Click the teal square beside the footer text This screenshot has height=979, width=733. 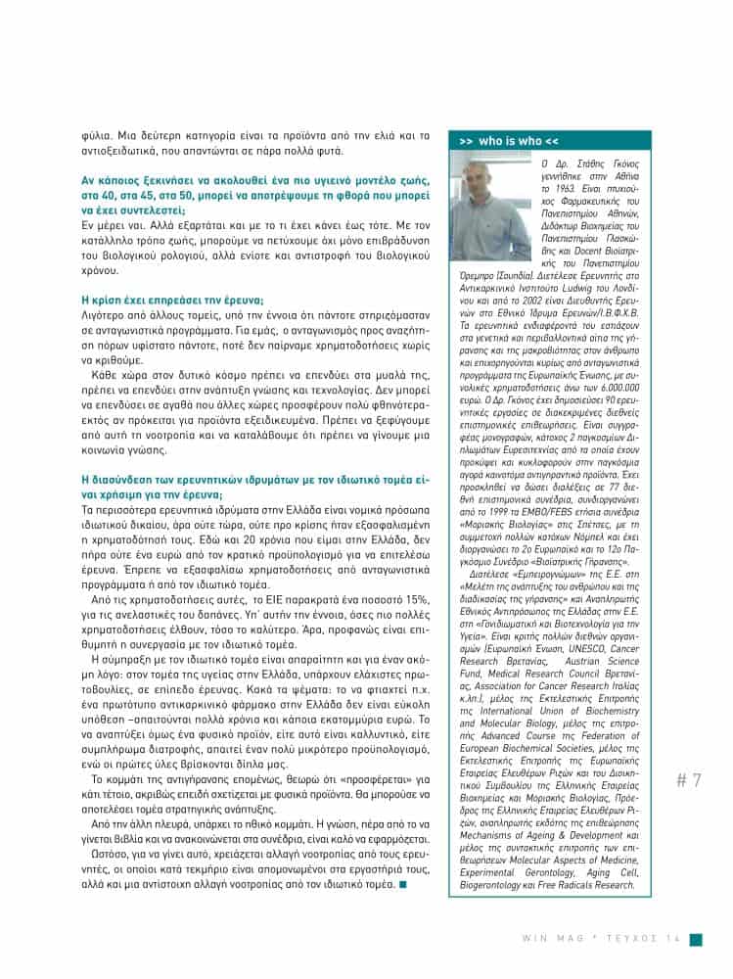(696, 940)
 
